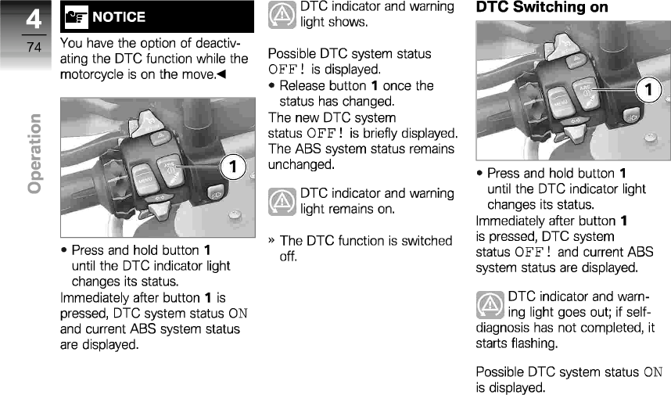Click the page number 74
point(33,48)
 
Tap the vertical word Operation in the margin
point(34,153)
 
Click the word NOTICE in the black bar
point(119,16)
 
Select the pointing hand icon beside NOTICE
point(77,16)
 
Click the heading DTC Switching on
point(542,8)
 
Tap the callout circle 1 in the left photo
point(232,166)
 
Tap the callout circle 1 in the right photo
point(648,89)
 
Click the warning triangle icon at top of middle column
point(282,14)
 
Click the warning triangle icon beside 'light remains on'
point(282,201)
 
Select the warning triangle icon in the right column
point(490,303)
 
